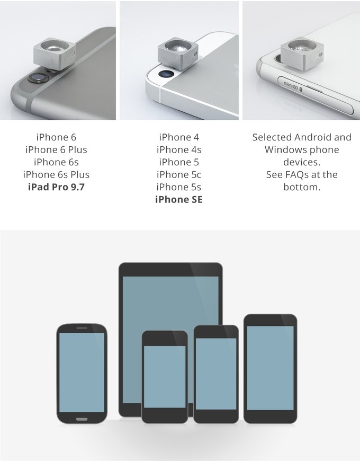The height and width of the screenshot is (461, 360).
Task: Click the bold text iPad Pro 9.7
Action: (x=56, y=187)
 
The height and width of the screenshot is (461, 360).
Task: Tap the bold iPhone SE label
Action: (x=179, y=200)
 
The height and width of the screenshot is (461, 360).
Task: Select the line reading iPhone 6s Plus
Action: (x=56, y=175)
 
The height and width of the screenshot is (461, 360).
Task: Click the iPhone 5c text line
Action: (x=179, y=175)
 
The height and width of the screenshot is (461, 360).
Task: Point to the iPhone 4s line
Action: (x=179, y=149)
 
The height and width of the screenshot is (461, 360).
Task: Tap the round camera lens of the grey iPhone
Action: (x=38, y=77)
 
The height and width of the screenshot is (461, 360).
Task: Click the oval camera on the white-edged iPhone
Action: (x=166, y=74)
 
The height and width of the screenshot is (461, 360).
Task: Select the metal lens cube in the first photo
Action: (x=55, y=53)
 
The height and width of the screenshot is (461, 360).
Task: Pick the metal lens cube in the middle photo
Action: (x=178, y=53)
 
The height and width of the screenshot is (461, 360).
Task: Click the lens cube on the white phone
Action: (x=302, y=53)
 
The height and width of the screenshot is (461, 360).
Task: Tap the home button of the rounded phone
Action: (x=82, y=419)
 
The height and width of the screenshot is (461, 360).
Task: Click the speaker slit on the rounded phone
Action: (x=82, y=328)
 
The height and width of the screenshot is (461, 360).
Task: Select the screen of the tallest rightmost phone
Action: (x=270, y=368)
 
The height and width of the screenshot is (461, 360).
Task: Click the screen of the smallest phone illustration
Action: (x=165, y=377)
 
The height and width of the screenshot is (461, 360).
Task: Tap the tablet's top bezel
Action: (x=170, y=270)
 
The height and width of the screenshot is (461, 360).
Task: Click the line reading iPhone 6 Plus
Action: (x=56, y=149)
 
